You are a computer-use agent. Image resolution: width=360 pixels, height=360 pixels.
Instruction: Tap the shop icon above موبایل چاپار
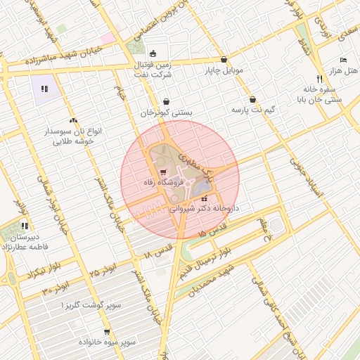point(224,60)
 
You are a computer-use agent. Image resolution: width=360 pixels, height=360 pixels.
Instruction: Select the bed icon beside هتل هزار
point(343,60)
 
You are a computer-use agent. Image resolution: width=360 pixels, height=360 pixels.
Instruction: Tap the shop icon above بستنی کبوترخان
point(166,101)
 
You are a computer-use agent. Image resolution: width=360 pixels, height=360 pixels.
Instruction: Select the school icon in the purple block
point(44,89)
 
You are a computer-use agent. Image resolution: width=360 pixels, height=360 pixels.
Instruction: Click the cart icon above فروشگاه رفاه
point(163,172)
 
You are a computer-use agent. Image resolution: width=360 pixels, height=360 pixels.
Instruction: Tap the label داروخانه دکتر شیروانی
point(211,209)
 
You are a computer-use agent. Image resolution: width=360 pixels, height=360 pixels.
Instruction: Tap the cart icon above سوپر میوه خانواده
point(106,332)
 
